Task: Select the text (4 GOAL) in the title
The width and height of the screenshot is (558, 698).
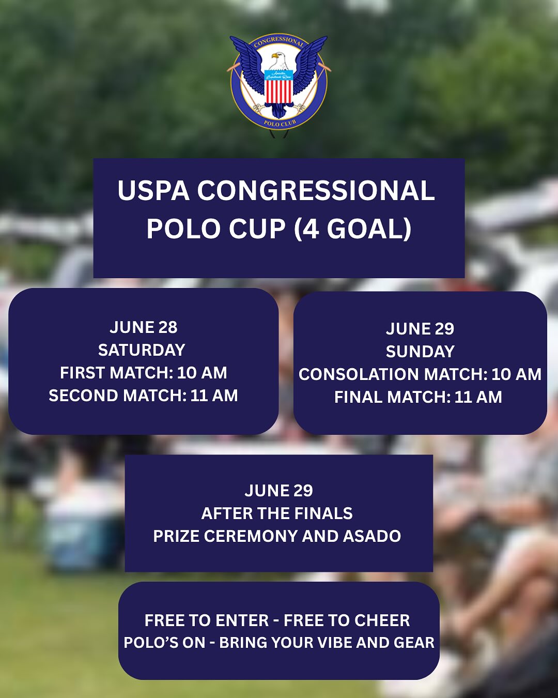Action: [353, 229]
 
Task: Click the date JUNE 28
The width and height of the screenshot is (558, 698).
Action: [143, 327]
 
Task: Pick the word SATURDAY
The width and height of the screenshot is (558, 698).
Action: [142, 350]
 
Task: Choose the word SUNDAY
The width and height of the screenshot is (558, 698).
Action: [420, 352]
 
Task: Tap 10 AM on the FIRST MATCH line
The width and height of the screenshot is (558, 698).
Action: [202, 373]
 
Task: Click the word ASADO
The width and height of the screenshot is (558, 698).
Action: [372, 536]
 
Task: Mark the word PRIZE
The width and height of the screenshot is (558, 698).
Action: [176, 536]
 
